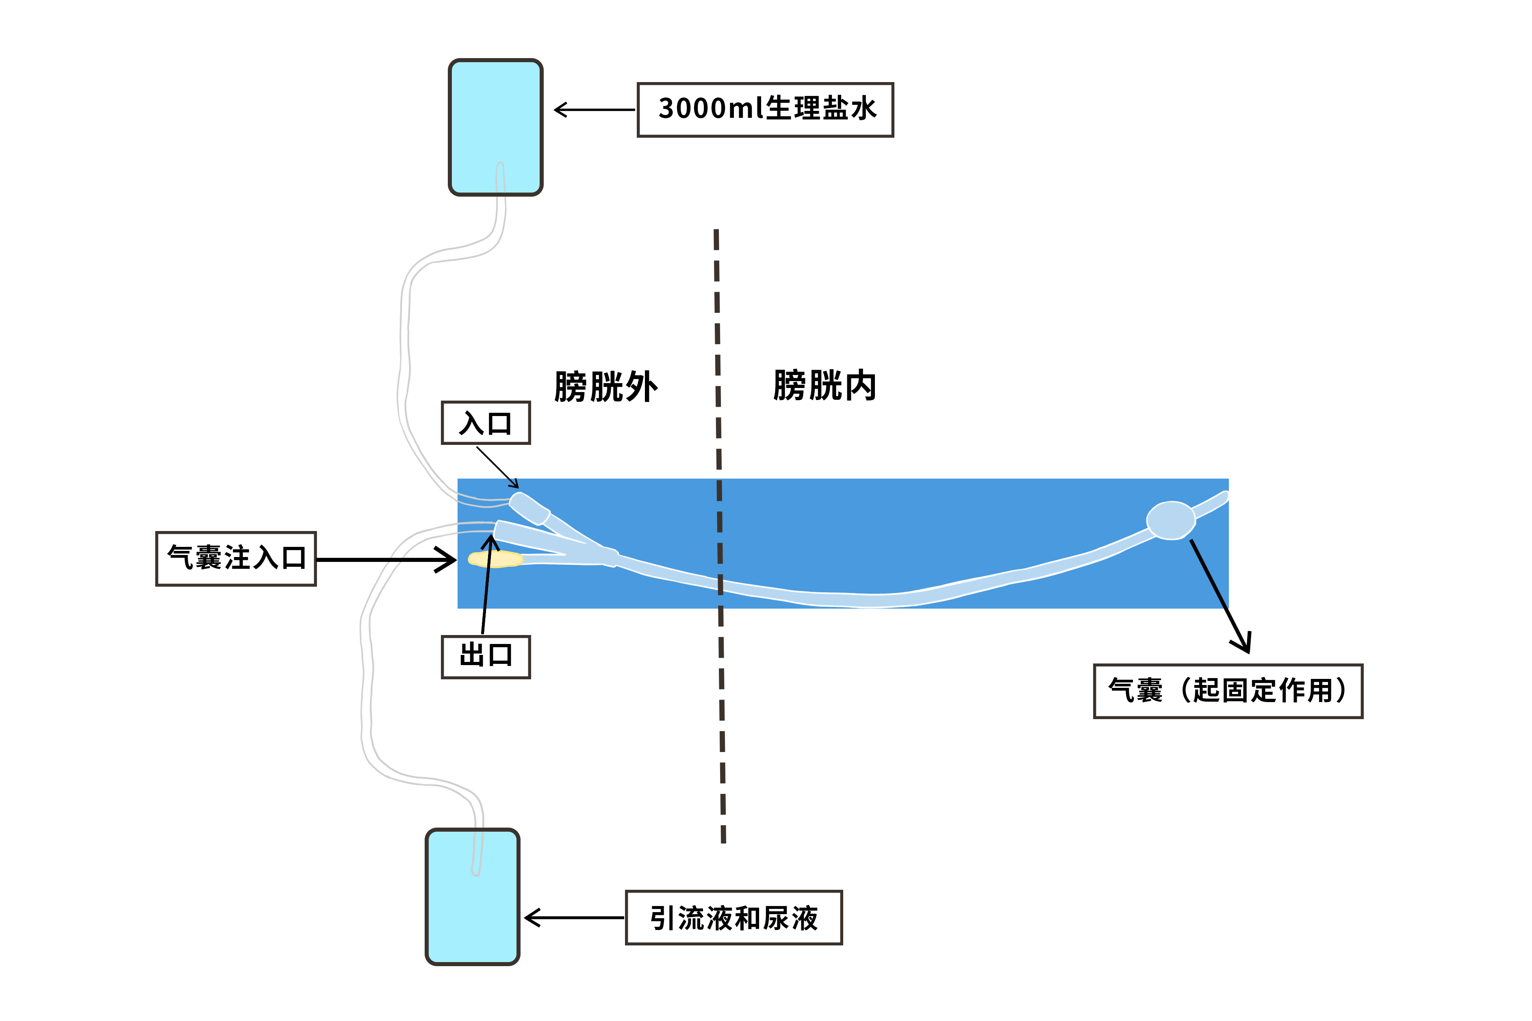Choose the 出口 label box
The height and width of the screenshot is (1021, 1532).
[486, 657]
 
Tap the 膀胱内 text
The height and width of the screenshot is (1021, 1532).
[824, 386]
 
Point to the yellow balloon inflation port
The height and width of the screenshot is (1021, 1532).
[495, 559]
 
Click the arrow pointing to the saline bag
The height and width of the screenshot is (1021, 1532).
[592, 109]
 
